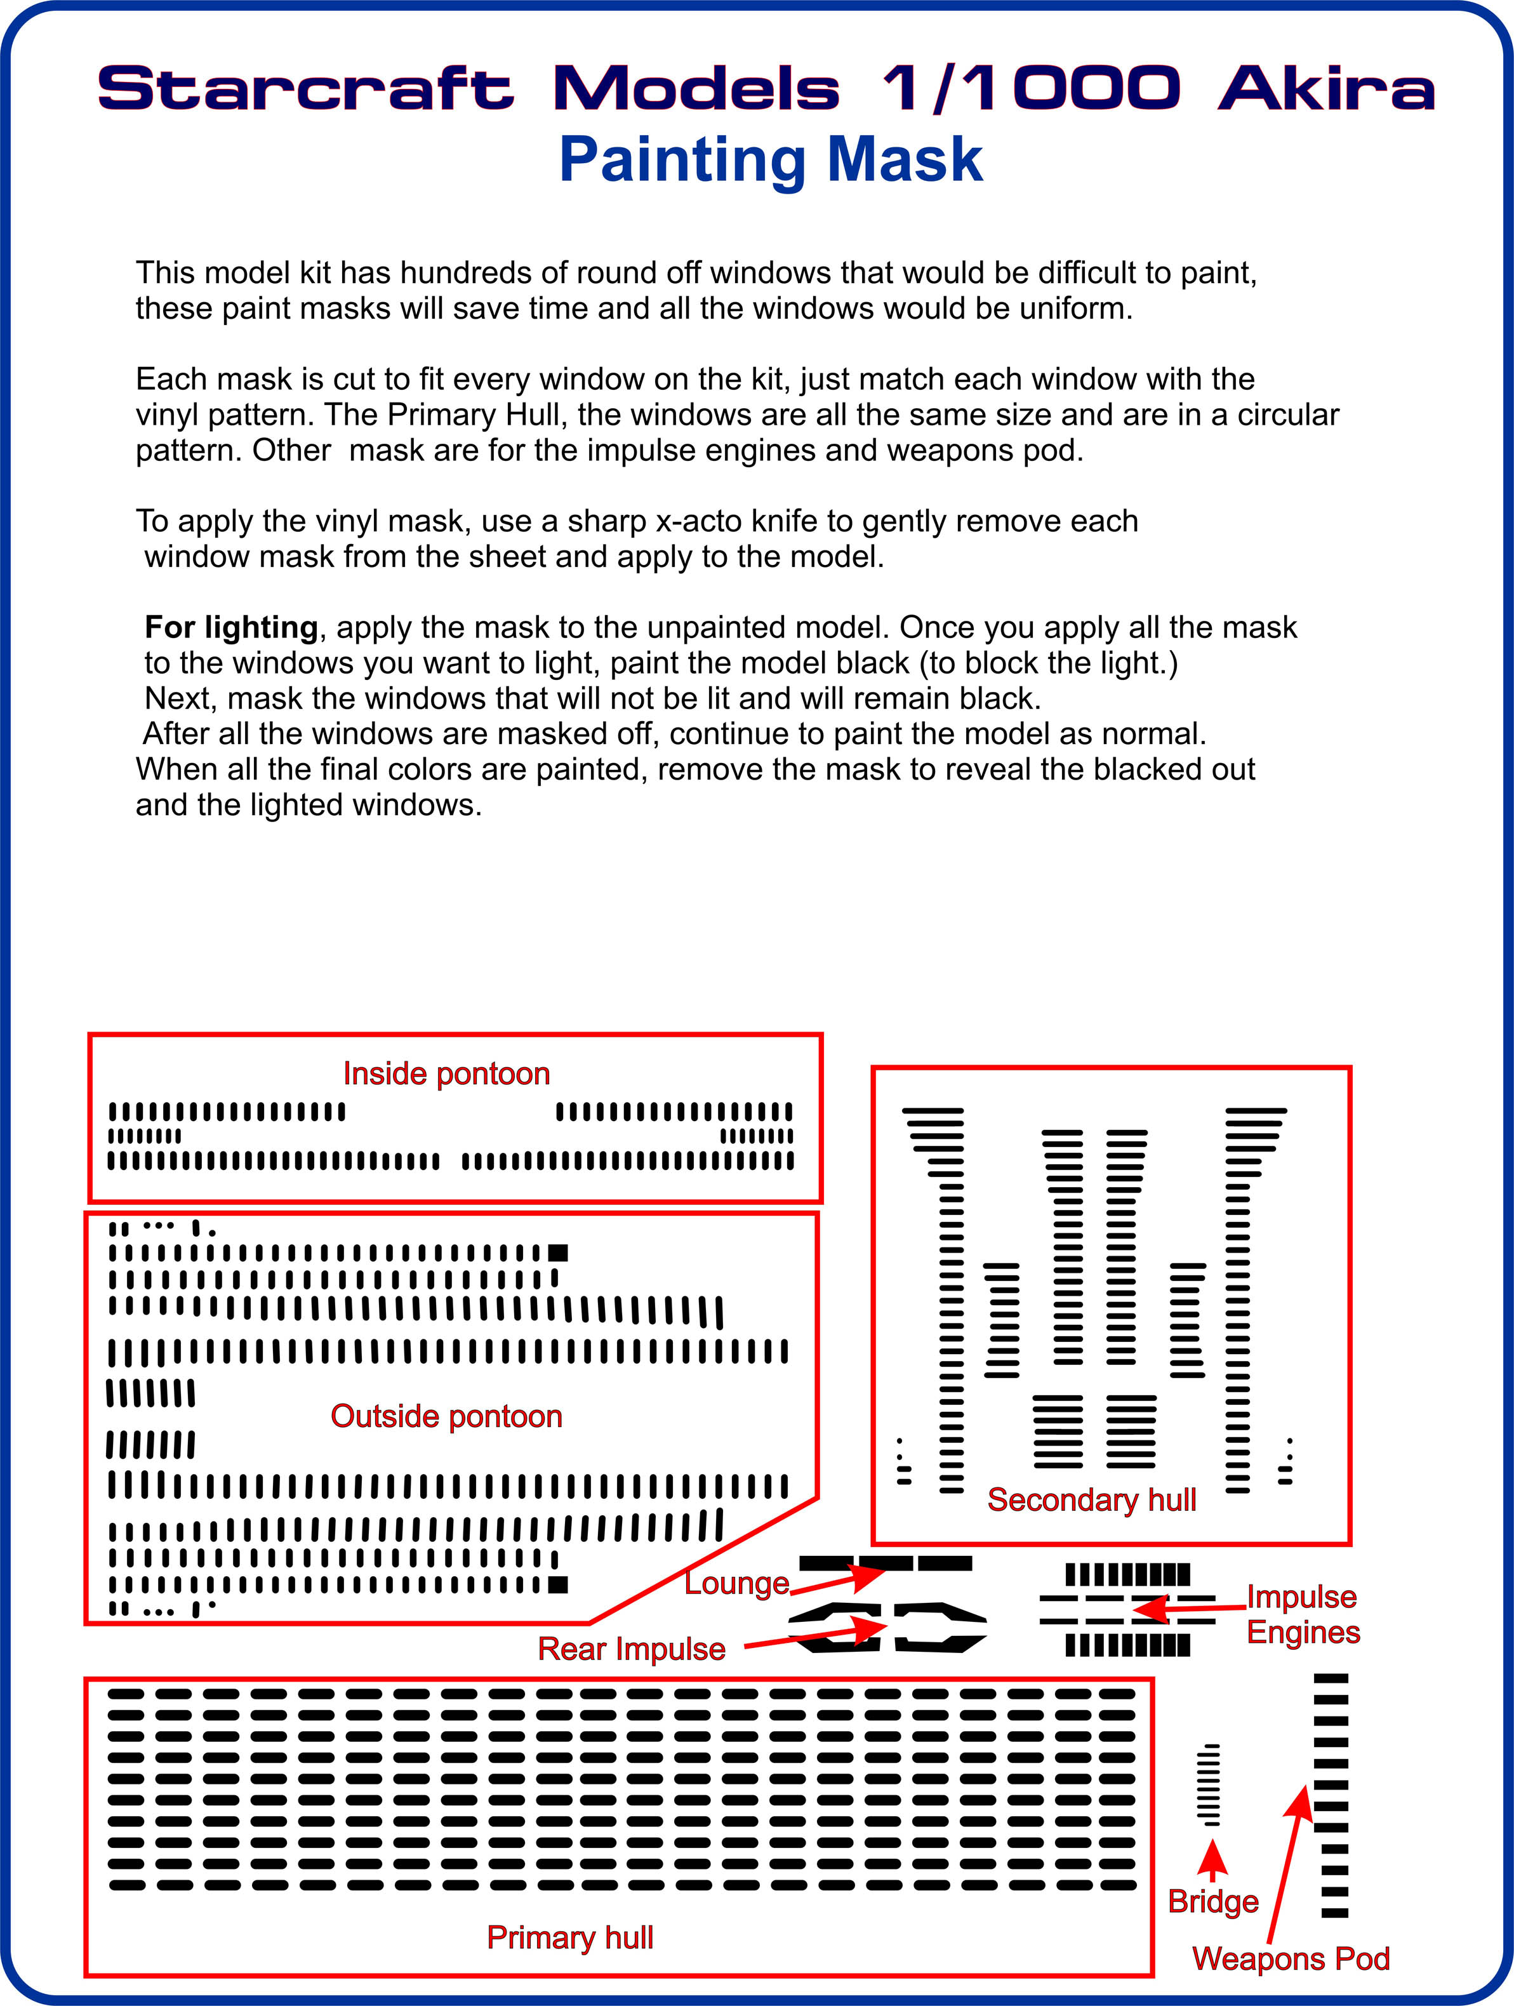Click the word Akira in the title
click(x=1325, y=89)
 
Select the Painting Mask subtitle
click(x=771, y=159)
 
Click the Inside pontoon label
click(x=446, y=1073)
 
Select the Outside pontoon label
click(x=446, y=1416)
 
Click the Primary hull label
click(x=569, y=1937)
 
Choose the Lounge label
click(x=736, y=1583)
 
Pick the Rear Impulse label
click(x=631, y=1648)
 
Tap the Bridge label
click(x=1213, y=1901)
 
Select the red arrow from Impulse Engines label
click(x=1188, y=1609)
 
